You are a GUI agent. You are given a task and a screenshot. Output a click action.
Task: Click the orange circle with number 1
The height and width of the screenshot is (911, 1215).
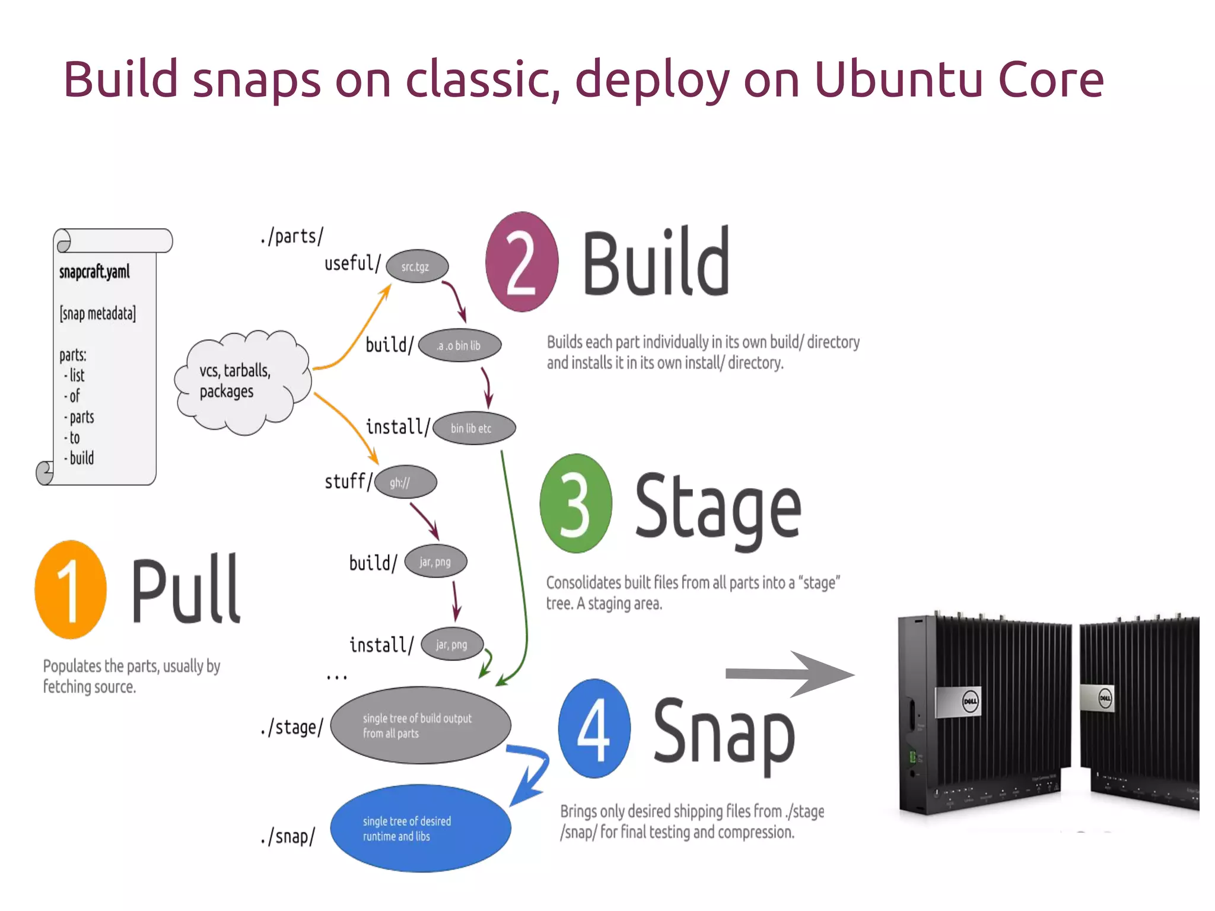[71, 590]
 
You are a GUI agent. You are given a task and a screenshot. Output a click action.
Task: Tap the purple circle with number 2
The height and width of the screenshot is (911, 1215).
[521, 262]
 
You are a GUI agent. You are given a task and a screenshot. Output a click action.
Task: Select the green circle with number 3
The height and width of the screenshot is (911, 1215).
[575, 504]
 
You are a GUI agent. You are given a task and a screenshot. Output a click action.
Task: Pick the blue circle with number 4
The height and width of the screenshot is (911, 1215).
[594, 728]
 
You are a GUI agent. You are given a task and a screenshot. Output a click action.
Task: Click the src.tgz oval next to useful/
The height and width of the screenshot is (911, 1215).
[416, 266]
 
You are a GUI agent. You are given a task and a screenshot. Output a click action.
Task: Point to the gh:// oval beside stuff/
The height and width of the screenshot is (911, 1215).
[405, 482]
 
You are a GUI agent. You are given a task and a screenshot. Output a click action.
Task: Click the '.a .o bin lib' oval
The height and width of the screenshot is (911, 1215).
[460, 345]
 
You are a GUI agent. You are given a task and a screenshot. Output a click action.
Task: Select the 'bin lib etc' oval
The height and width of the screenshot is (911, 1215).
[473, 428]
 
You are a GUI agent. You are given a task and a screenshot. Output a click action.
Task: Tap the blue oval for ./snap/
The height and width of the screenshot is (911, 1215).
[419, 828]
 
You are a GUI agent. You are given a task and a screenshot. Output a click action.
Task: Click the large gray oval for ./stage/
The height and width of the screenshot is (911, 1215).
[419, 725]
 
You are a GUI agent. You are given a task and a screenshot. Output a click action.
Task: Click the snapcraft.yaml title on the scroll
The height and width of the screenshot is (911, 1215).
[94, 272]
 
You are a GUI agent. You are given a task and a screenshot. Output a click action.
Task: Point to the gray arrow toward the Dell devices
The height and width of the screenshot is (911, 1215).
[789, 674]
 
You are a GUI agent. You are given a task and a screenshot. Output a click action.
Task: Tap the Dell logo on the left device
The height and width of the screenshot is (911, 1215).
[971, 702]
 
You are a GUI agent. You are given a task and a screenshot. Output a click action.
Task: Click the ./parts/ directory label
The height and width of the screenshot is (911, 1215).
[292, 236]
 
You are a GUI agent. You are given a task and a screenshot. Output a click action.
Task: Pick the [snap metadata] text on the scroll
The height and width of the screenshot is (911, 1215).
[97, 314]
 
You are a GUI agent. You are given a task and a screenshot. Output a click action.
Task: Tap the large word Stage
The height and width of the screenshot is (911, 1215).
[718, 509]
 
